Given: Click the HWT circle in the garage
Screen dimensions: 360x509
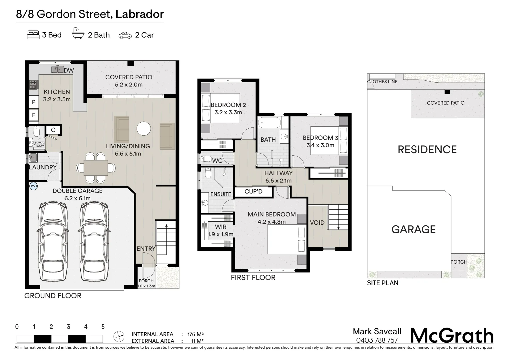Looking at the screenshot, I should click(34, 186).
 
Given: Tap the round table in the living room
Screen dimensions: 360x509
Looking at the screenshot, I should click(144, 129).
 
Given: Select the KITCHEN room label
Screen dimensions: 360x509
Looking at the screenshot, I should click(57, 92).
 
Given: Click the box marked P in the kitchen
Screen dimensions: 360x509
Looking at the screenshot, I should click(33, 102).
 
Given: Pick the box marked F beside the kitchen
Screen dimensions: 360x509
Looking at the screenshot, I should click(33, 115).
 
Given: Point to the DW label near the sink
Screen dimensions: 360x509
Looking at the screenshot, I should click(69, 70).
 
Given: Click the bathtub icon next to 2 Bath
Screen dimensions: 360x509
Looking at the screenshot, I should click(78, 34).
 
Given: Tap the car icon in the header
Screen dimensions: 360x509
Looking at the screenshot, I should click(125, 35).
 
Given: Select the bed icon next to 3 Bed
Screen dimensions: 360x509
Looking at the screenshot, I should click(33, 35).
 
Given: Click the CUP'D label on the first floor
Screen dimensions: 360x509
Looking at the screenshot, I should click(254, 191).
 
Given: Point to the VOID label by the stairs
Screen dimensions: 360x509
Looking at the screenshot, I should click(317, 222).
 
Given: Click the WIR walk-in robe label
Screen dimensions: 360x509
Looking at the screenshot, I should click(221, 227).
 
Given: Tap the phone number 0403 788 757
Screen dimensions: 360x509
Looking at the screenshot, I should click(377, 340).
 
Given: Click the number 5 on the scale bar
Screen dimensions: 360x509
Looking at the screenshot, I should click(103, 327).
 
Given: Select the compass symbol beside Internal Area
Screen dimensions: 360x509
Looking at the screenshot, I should click(119, 337).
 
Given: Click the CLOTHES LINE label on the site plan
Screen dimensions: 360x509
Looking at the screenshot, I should click(382, 82).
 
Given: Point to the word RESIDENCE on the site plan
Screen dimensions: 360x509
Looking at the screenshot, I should click(427, 149).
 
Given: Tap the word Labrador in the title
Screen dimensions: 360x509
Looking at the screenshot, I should click(140, 14).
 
